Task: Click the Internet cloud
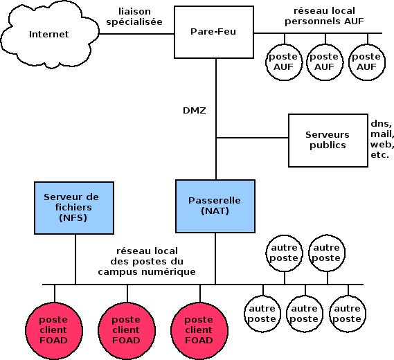pyautogui.click(x=50, y=35)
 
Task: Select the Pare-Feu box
pyautogui.click(x=214, y=32)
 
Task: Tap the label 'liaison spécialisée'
pyautogui.click(x=134, y=17)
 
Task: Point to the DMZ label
pyautogui.click(x=195, y=111)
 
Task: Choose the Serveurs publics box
pyautogui.click(x=328, y=141)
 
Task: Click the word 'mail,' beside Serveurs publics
pyautogui.click(x=382, y=134)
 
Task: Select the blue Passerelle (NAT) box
pyautogui.click(x=215, y=206)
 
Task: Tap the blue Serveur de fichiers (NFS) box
pyautogui.click(x=74, y=208)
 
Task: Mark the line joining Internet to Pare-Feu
pyautogui.click(x=136, y=34)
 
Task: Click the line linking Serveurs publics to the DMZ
pyautogui.click(x=252, y=138)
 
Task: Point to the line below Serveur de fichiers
pyautogui.click(x=75, y=259)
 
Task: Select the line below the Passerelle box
pyautogui.click(x=215, y=258)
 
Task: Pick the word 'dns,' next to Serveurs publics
pyautogui.click(x=381, y=124)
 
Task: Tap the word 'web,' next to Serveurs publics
pyautogui.click(x=382, y=145)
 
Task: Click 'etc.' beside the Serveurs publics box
pyautogui.click(x=379, y=155)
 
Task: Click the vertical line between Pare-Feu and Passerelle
pyautogui.click(x=216, y=119)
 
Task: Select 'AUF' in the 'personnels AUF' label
pyautogui.click(x=354, y=21)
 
